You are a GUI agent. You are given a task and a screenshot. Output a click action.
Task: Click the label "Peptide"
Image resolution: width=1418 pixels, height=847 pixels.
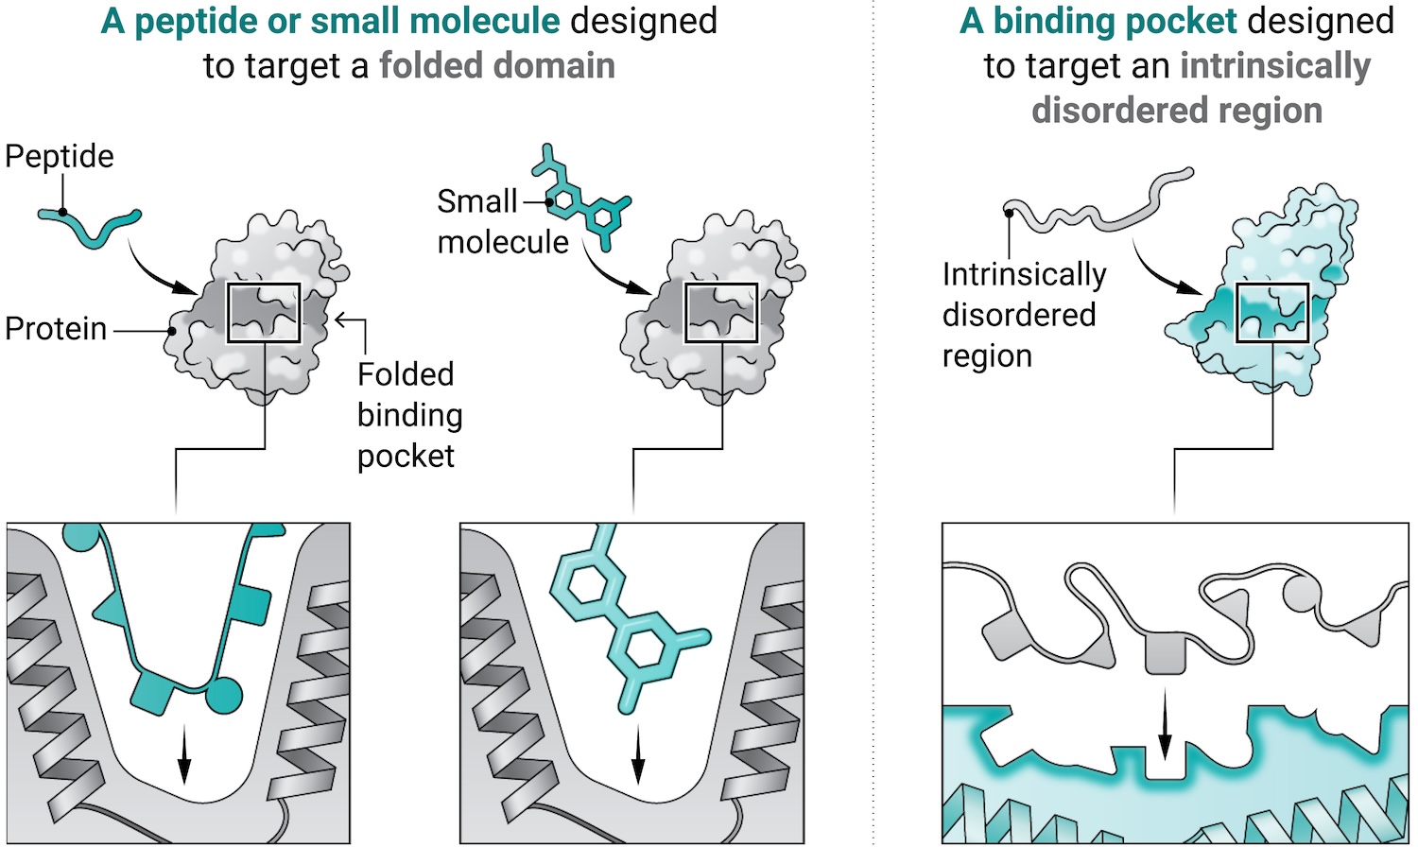(x=59, y=156)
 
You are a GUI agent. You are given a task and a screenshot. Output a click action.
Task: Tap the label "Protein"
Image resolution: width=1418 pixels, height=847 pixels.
(x=56, y=329)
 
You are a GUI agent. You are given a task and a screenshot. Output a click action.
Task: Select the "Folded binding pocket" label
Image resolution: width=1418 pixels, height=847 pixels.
(x=409, y=415)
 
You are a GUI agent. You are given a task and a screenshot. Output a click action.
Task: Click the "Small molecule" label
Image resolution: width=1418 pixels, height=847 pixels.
(x=503, y=222)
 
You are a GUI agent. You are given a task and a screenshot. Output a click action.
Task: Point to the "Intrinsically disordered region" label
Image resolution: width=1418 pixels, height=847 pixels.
(x=1024, y=315)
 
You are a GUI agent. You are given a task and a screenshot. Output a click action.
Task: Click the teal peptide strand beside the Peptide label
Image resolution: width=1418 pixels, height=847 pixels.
(x=90, y=227)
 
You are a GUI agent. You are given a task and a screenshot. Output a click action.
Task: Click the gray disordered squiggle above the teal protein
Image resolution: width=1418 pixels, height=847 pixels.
(x=1098, y=202)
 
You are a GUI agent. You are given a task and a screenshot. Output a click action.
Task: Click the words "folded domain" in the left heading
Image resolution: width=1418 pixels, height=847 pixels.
(x=497, y=66)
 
